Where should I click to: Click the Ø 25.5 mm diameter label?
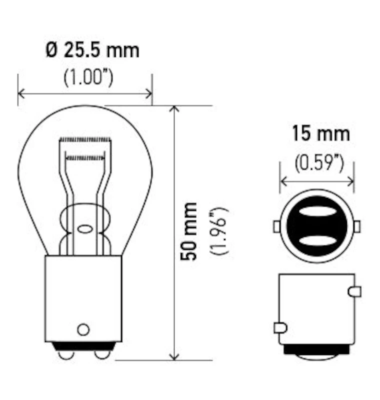pos(92,50)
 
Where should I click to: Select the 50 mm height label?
pos(190,230)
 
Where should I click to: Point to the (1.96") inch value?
pos(219,230)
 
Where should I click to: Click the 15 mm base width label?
pos(321,134)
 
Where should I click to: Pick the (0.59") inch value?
pos(319,163)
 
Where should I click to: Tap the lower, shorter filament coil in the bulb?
pos(85,157)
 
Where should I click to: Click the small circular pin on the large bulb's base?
pos(83,329)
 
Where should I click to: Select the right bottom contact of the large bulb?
pos(102,353)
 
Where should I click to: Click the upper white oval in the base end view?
pos(316,211)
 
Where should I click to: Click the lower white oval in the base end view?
pos(316,240)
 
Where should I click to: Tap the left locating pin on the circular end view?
pos(276,226)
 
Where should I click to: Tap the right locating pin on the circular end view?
pos(356,226)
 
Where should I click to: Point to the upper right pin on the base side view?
pos(354,291)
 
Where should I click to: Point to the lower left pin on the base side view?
pos(280,328)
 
